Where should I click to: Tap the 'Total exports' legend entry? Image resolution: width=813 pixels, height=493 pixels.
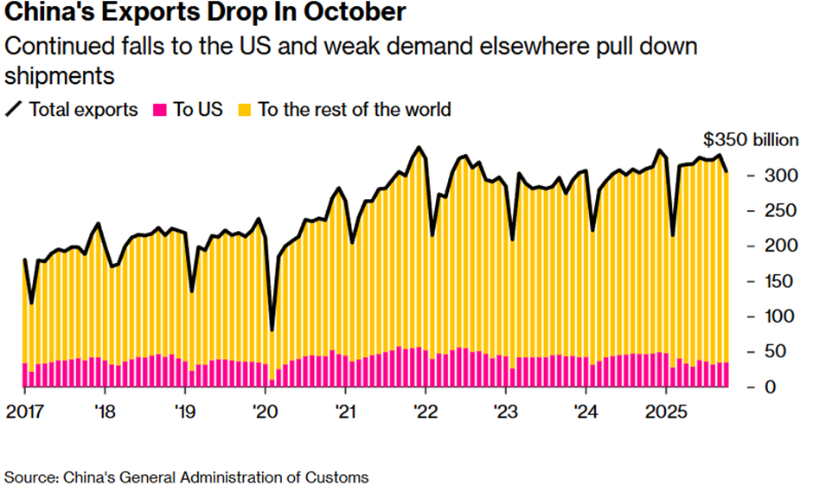point(83,110)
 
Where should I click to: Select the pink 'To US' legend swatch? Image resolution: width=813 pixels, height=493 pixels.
point(159,110)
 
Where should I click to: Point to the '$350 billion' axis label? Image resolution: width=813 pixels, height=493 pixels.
point(752,142)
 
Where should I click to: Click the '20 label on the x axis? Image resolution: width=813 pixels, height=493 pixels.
point(265,411)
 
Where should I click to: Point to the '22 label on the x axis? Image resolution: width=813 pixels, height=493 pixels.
point(425,411)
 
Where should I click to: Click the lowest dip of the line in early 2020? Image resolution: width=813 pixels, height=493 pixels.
point(272,330)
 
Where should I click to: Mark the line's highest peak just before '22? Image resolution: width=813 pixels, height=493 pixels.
point(419,148)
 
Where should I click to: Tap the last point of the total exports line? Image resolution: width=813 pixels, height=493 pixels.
point(727,172)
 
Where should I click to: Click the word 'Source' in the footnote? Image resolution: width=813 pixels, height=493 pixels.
point(32,477)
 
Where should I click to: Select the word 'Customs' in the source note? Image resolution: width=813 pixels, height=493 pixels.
point(341,477)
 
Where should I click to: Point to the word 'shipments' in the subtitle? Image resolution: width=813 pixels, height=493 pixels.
point(60,76)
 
